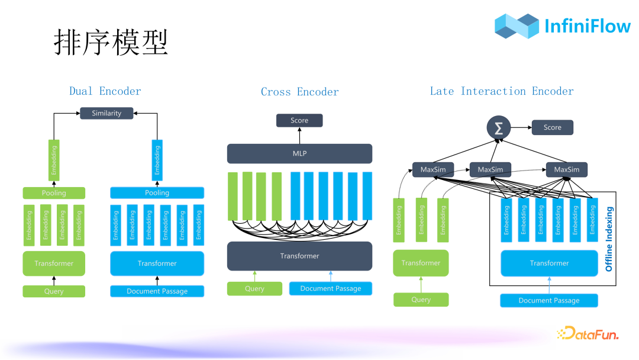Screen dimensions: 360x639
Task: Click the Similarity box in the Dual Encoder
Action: coord(106,113)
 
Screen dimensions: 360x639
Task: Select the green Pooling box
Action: coord(54,193)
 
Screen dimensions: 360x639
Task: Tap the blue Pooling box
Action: coord(157,193)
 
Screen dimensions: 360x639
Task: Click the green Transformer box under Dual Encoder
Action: coord(54,263)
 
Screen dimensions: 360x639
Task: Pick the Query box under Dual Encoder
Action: coord(54,291)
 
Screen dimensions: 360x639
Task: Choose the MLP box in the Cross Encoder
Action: coord(299,154)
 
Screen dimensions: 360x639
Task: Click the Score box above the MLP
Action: coord(299,120)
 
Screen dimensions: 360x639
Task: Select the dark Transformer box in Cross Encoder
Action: coord(299,256)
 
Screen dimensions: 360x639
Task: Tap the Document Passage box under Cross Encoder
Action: coord(330,288)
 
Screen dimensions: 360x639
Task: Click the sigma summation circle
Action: coord(498,128)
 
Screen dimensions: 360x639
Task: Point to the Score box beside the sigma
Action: coord(552,127)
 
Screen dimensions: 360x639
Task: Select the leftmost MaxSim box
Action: coord(433,170)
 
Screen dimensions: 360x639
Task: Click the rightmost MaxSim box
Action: coord(566,170)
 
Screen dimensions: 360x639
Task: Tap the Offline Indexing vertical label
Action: coord(609,239)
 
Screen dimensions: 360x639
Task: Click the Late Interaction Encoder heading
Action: coord(501,91)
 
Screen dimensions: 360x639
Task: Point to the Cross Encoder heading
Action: coord(299,92)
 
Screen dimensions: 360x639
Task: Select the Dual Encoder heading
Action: coord(105,91)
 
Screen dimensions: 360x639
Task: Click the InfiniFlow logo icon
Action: coord(517,26)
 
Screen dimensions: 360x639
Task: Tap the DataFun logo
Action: coord(588,334)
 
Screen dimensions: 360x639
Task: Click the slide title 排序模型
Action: coord(111,43)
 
